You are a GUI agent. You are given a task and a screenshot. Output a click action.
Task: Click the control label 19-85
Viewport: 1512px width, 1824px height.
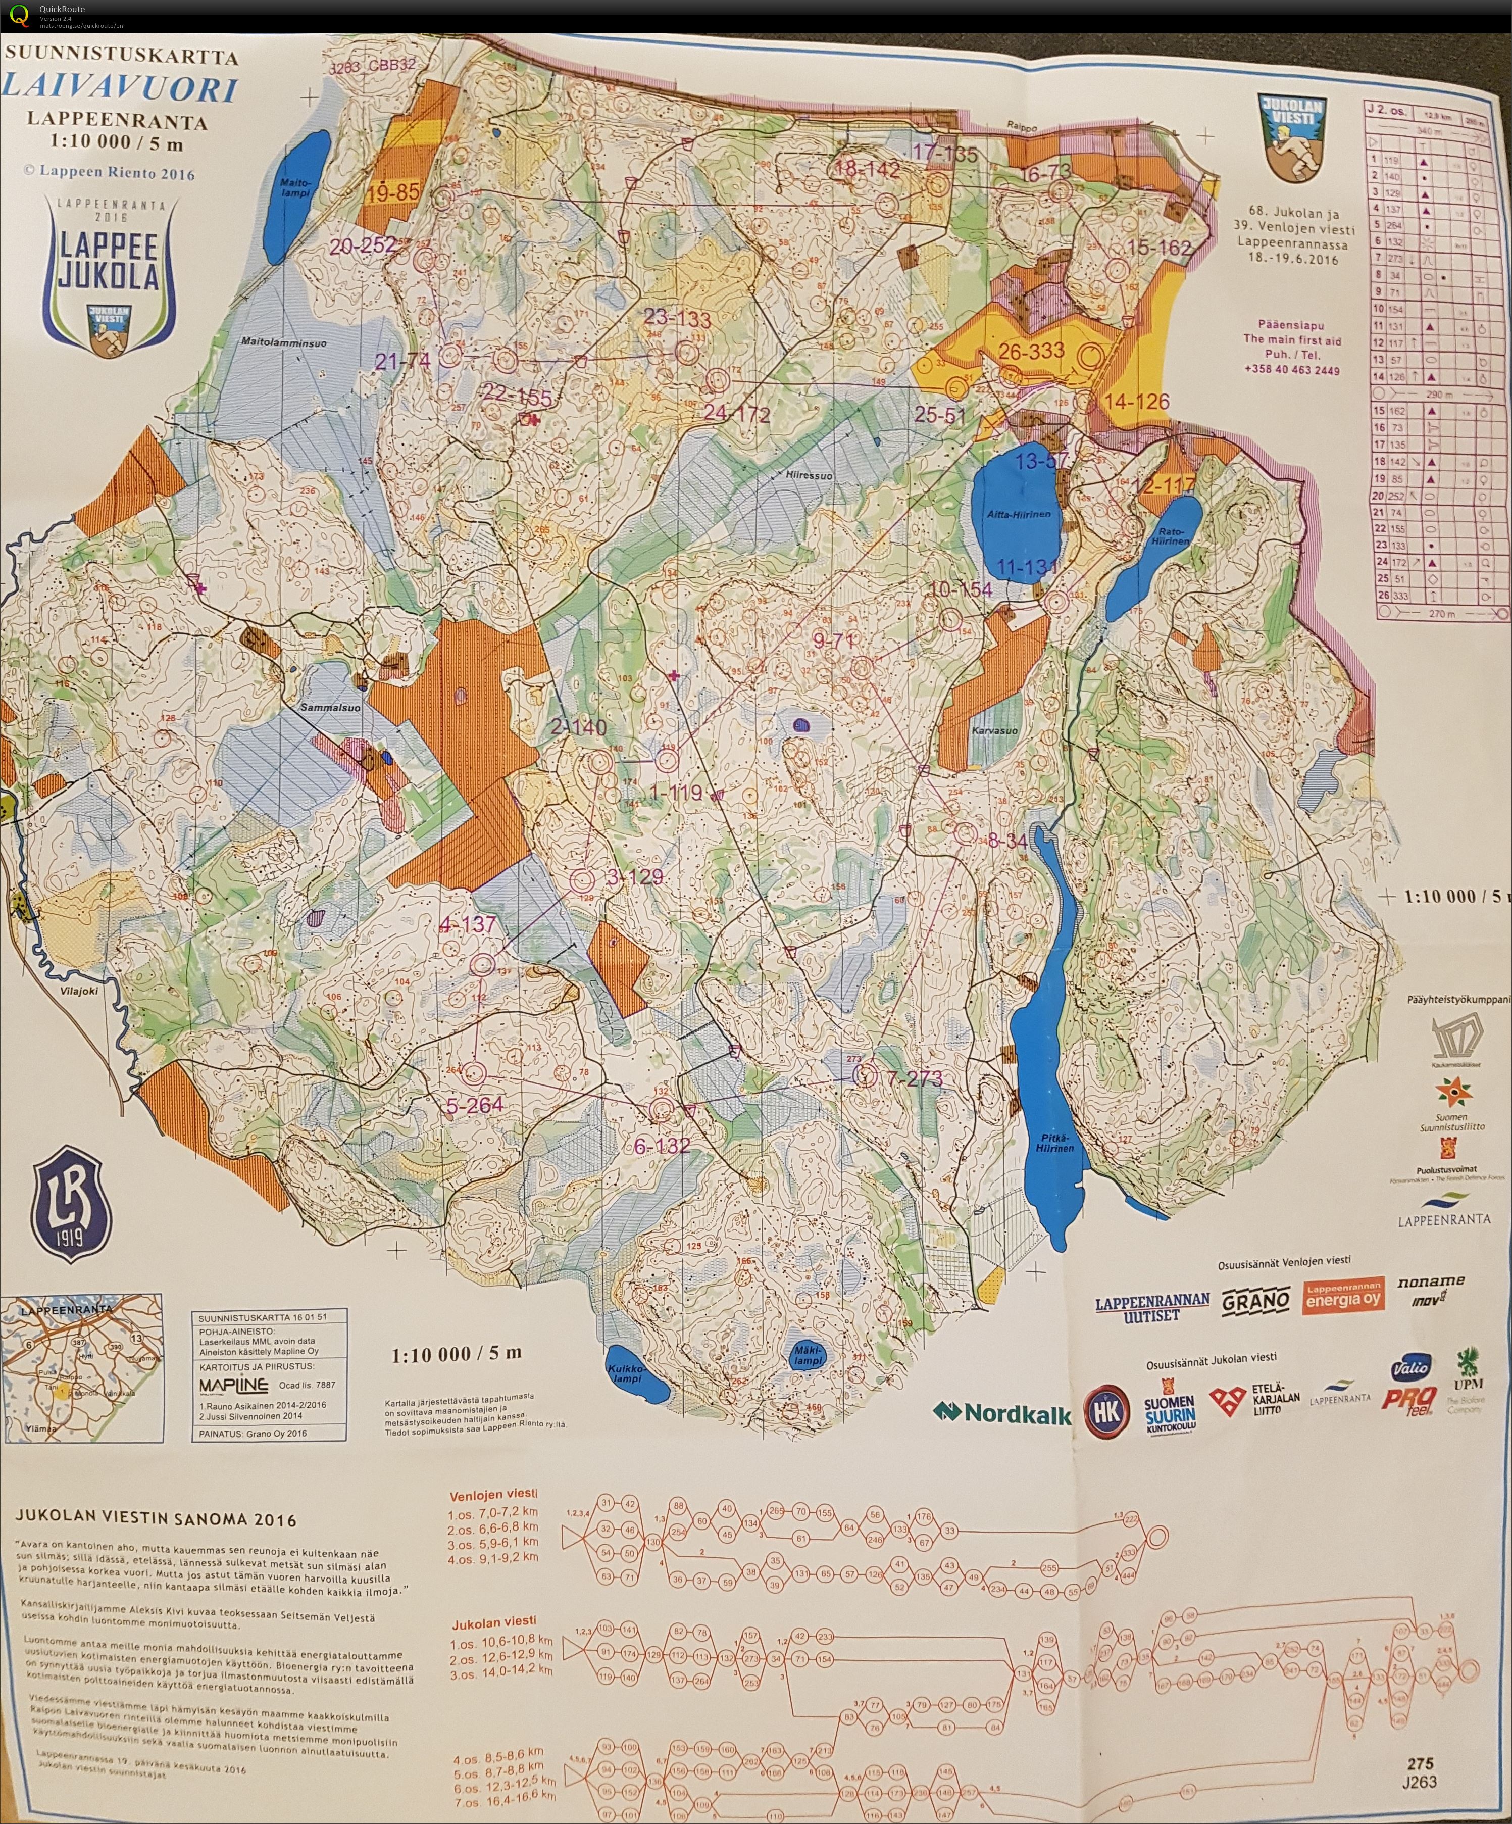pyautogui.click(x=393, y=192)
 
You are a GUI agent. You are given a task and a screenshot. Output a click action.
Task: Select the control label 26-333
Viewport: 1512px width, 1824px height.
pyautogui.click(x=1031, y=352)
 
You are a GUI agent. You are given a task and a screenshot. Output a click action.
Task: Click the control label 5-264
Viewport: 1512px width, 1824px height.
pyautogui.click(x=474, y=1105)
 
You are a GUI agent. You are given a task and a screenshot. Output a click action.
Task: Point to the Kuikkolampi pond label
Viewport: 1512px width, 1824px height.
pyautogui.click(x=627, y=1374)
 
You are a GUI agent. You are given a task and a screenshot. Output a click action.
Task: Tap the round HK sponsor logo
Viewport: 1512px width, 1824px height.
pyautogui.click(x=1107, y=1411)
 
